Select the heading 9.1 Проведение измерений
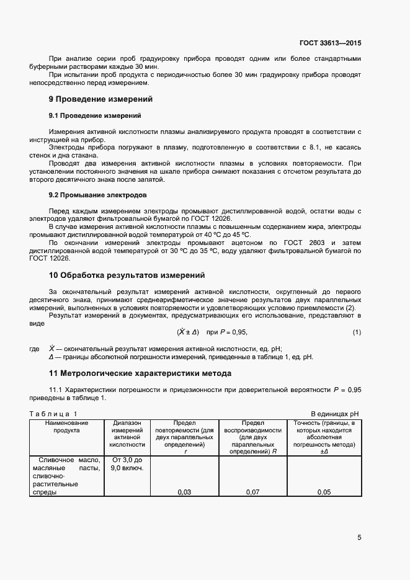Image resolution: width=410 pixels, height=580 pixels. pyautogui.click(x=95, y=116)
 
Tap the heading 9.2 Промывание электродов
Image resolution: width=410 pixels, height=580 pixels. pyautogui.click(x=97, y=195)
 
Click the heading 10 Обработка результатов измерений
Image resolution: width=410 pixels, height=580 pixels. pyautogui.click(x=127, y=275)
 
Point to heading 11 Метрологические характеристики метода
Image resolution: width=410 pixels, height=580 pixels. pyautogui.click(x=140, y=373)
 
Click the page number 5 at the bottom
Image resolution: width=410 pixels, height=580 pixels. pyautogui.click(x=359, y=537)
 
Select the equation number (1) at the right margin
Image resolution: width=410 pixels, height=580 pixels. pyautogui.click(x=357, y=332)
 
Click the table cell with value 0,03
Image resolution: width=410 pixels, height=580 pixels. pyautogui.click(x=184, y=492)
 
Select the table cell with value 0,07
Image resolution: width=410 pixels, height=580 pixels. pyautogui.click(x=252, y=492)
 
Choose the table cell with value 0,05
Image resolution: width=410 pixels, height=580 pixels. pyautogui.click(x=324, y=492)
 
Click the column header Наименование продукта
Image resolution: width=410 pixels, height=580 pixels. pyautogui.click(x=66, y=426)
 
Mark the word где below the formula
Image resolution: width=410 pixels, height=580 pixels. pyautogui.click(x=35, y=349)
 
